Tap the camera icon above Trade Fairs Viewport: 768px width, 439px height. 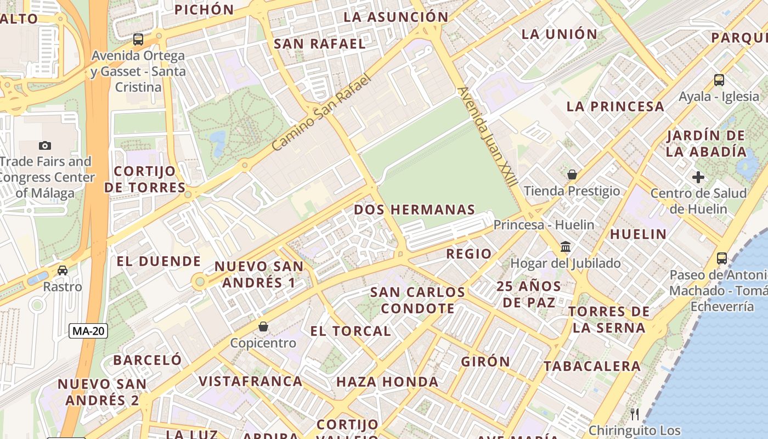click(x=45, y=145)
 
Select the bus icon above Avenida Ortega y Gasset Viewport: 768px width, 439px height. click(x=138, y=40)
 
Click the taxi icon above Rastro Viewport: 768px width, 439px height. click(x=63, y=271)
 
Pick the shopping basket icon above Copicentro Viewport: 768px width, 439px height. click(x=263, y=327)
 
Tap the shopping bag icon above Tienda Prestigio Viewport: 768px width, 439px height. click(x=572, y=175)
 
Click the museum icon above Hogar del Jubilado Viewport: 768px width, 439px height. click(x=566, y=247)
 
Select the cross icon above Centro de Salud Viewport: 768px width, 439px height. click(x=698, y=177)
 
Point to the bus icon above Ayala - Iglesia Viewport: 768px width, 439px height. click(x=719, y=80)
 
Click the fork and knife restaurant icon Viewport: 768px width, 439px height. click(x=635, y=414)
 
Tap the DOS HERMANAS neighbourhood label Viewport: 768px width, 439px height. click(x=414, y=210)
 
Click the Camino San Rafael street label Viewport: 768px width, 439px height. click(x=321, y=112)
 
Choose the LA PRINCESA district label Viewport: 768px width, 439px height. click(x=615, y=106)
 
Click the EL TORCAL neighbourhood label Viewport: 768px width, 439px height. click(x=351, y=331)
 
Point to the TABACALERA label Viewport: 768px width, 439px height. click(x=592, y=366)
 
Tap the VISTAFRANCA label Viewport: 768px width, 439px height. click(x=250, y=381)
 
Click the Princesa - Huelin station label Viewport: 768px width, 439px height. click(x=544, y=225)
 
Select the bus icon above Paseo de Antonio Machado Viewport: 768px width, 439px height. click(x=722, y=258)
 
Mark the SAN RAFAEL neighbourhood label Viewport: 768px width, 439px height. click(x=319, y=44)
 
